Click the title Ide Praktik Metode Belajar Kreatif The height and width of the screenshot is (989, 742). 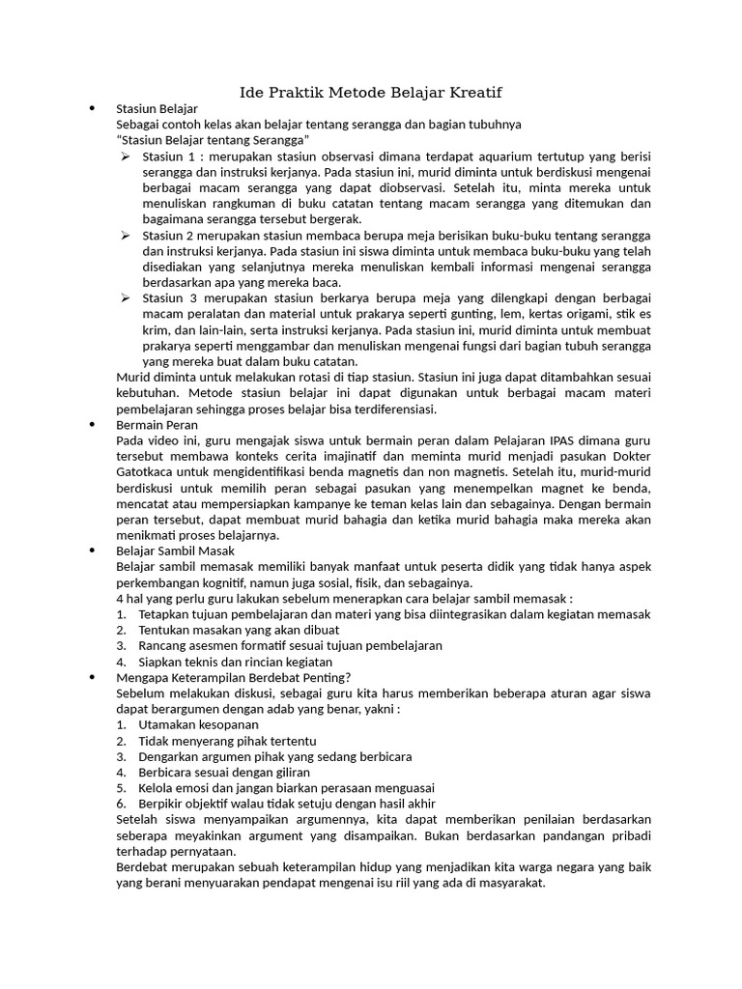(x=371, y=93)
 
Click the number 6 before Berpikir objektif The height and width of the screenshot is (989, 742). (x=121, y=803)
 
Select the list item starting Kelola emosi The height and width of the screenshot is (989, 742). (x=286, y=787)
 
